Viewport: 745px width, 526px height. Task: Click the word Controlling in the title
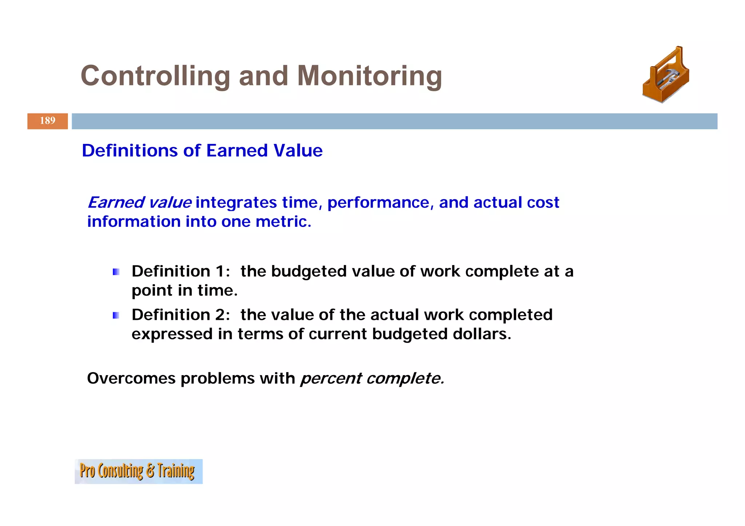155,76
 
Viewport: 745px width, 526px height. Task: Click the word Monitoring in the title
369,76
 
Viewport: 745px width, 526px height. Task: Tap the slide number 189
48,121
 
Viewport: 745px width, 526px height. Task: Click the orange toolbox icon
666,76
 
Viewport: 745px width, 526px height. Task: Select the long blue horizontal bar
394,121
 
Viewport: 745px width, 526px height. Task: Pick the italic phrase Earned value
139,202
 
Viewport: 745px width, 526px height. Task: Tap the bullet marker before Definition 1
116,272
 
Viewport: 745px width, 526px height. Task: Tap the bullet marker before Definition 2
116,315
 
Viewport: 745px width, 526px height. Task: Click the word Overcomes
131,378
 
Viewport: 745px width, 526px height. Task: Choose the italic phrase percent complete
372,379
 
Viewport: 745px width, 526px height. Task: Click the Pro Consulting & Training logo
139,471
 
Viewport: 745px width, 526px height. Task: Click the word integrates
236,202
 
